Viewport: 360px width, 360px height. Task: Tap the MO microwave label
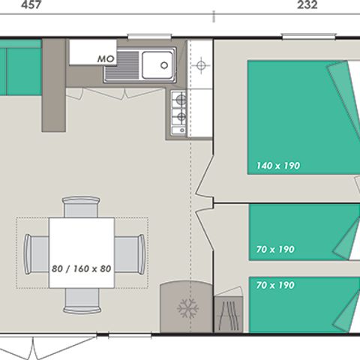tap(104, 58)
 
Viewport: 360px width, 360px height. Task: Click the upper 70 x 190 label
tap(274, 249)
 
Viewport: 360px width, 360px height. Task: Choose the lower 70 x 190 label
tap(274, 285)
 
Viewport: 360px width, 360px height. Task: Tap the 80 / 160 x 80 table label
tap(81, 268)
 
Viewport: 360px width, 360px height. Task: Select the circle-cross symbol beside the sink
tap(200, 66)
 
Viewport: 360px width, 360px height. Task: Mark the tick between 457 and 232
tap(215, 15)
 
